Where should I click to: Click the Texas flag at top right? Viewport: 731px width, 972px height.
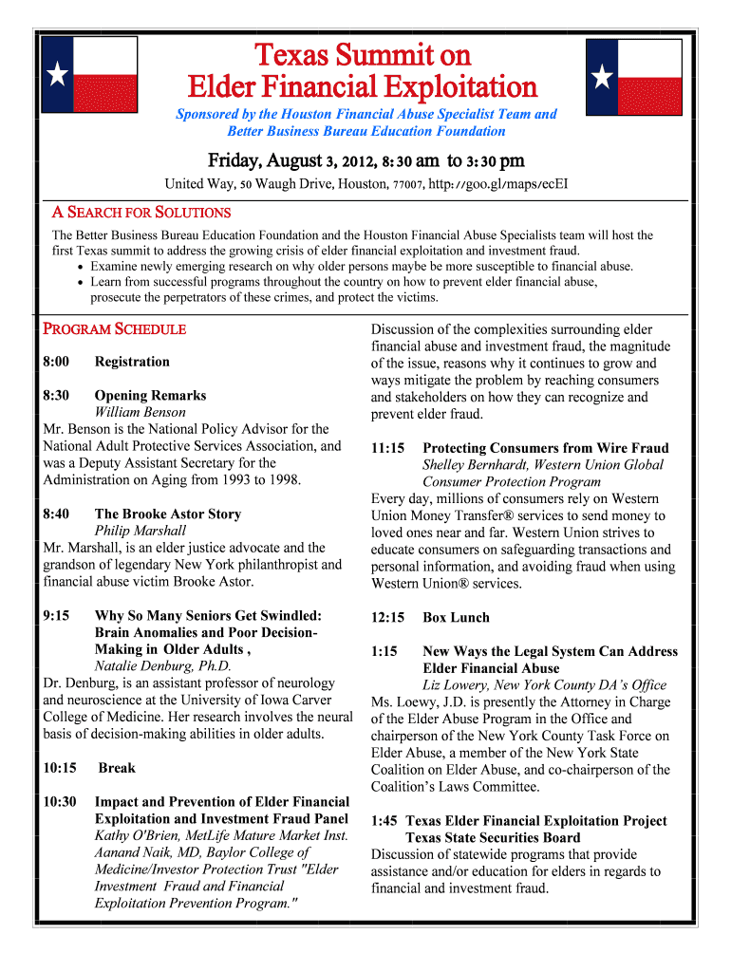[633, 77]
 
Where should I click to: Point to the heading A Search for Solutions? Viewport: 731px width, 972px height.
[141, 213]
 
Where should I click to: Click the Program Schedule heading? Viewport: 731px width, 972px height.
[115, 329]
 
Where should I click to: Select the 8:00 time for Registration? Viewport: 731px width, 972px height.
[56, 362]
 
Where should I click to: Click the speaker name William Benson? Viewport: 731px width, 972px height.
[141, 412]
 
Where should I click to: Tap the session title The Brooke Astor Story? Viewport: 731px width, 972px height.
[168, 514]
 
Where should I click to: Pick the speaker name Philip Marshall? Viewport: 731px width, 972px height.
[141, 531]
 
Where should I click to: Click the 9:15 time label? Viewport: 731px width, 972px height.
[56, 615]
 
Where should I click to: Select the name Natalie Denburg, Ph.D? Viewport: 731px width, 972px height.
[163, 666]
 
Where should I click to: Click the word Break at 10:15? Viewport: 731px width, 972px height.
[117, 768]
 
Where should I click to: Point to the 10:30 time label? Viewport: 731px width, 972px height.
[60, 802]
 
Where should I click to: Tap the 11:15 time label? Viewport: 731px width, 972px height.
[388, 448]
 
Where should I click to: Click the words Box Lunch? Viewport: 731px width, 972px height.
[457, 617]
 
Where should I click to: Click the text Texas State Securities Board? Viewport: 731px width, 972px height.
[493, 837]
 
